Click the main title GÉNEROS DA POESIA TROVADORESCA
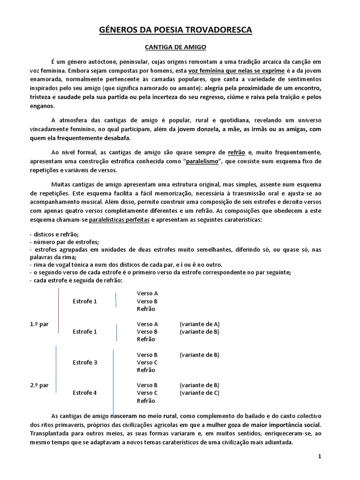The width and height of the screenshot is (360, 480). (176, 30)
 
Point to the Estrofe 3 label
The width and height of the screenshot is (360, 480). (85, 362)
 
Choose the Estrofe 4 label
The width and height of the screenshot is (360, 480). (85, 393)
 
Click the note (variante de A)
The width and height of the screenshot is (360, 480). (199, 324)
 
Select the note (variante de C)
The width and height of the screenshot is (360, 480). (199, 393)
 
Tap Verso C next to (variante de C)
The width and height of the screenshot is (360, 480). (147, 393)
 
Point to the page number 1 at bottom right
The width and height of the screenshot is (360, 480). (319, 457)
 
